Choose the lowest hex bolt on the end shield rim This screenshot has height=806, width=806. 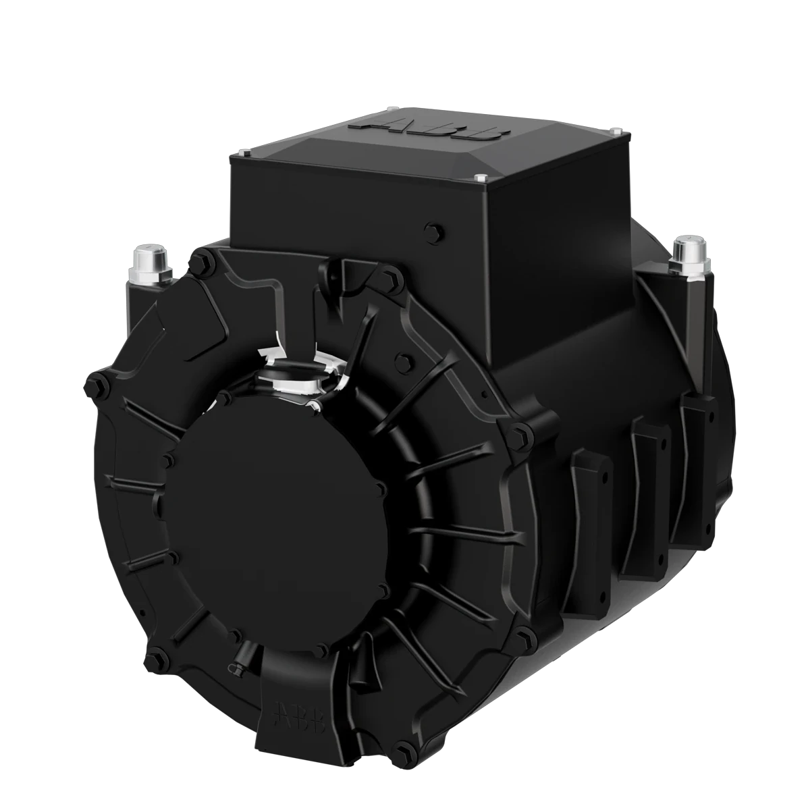pyautogui.click(x=404, y=746)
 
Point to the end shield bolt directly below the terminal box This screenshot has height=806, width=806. pyautogui.click(x=389, y=275)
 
